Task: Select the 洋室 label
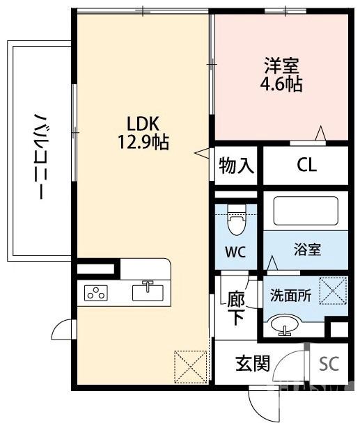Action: tap(281, 67)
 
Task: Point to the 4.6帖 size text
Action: tap(281, 85)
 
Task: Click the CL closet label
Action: tap(306, 166)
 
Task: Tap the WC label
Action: tap(235, 251)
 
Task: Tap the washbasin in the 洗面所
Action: tap(284, 324)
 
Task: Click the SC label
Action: tap(329, 364)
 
